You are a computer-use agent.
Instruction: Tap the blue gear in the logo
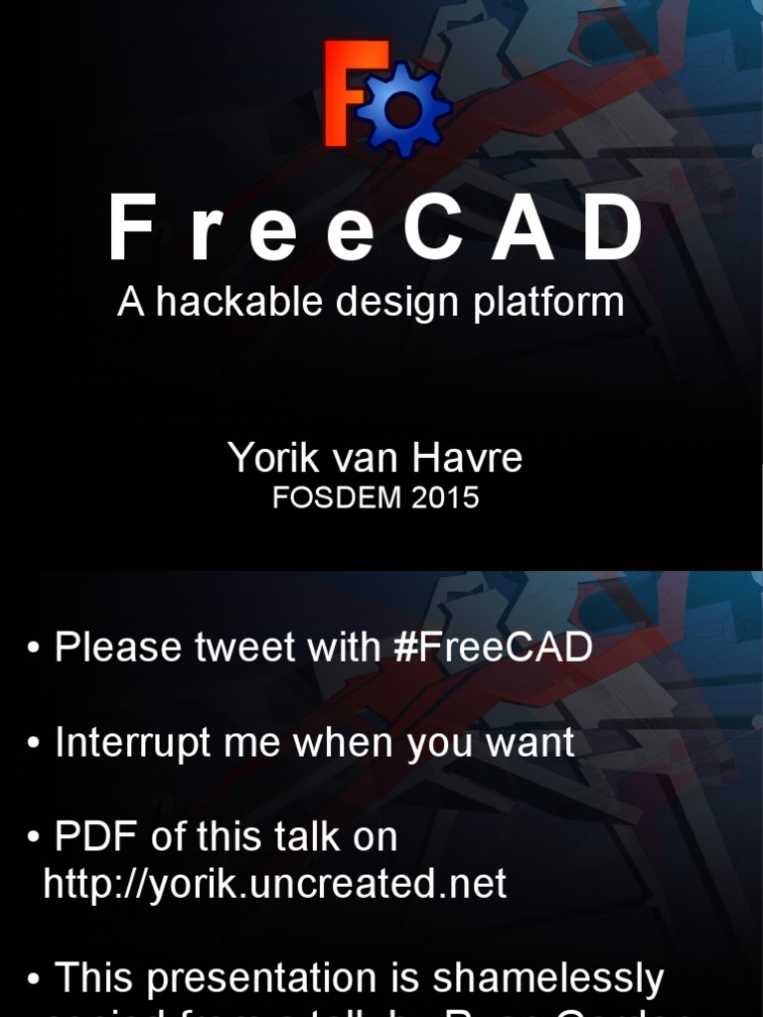[403, 109]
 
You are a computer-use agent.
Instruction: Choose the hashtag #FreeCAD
[493, 648]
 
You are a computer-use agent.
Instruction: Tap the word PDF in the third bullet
[96, 837]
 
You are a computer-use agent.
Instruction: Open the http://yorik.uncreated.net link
[275, 884]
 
